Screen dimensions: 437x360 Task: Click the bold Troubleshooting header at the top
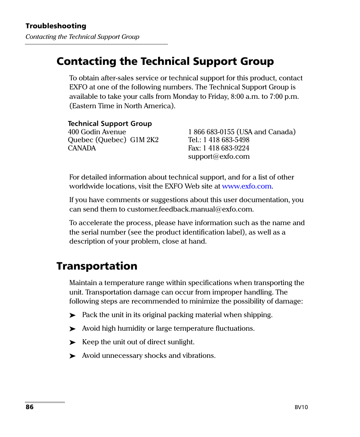coord(56,26)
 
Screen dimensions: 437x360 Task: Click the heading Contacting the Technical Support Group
coord(165,61)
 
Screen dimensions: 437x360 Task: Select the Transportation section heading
coord(97,266)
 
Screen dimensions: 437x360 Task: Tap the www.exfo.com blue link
coord(246,186)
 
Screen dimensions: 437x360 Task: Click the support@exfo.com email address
coord(218,156)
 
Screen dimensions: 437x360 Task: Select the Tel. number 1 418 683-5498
coord(226,140)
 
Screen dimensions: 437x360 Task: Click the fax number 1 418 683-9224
coord(226,148)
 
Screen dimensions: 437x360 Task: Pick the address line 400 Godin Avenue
coord(97,132)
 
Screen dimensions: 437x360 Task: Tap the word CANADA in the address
coord(82,148)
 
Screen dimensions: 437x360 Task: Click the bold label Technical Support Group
coord(110,124)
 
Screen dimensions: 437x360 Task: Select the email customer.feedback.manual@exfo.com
coord(190,209)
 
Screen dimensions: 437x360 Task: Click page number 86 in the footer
coord(30,407)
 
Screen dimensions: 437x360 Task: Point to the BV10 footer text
coord(301,407)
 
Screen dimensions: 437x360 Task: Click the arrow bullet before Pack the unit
coord(73,315)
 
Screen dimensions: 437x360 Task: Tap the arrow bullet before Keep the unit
coord(73,342)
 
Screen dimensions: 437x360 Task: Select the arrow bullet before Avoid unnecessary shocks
coord(73,356)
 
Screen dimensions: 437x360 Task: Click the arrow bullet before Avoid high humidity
coord(73,329)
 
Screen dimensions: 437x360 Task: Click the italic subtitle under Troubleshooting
coord(82,37)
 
